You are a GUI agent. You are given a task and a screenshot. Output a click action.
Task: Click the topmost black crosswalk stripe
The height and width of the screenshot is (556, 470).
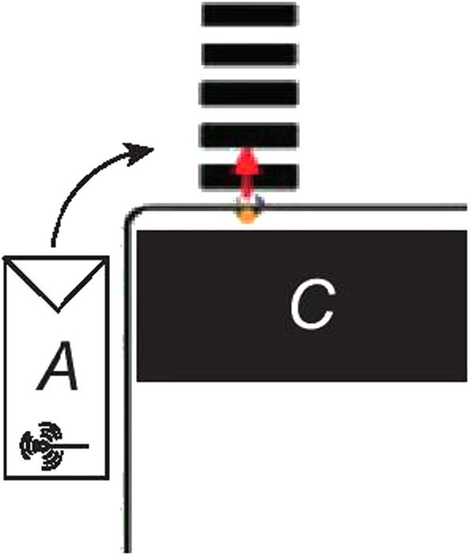(249, 14)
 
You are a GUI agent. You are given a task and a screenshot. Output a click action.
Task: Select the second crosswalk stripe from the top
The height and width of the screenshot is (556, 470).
(249, 54)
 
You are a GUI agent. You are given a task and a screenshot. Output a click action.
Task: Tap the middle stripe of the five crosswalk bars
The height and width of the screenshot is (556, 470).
(248, 93)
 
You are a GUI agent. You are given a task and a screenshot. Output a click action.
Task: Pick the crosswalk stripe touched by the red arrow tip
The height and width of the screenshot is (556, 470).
(248, 135)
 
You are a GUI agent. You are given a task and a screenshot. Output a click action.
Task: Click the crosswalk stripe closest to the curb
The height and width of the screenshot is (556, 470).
(248, 176)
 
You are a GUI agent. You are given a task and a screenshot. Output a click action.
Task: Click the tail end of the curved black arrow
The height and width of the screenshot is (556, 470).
(54, 246)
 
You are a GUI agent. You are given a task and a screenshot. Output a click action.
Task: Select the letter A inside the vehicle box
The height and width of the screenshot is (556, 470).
(58, 366)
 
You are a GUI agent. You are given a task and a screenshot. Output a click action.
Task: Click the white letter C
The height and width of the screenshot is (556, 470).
(312, 303)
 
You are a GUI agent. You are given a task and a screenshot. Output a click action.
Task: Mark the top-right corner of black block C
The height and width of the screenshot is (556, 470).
(467, 230)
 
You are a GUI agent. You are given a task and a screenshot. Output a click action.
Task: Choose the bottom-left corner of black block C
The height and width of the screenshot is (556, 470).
(138, 381)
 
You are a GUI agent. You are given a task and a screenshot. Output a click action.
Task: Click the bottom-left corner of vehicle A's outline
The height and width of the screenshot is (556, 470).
(5, 478)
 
